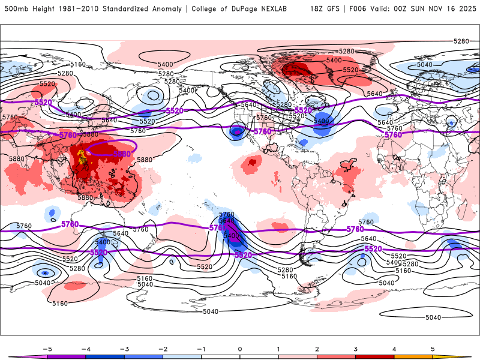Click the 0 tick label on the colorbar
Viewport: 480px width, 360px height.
click(x=239, y=348)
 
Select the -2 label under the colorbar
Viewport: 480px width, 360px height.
click(x=162, y=348)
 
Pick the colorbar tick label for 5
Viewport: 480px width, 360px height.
click(x=433, y=348)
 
